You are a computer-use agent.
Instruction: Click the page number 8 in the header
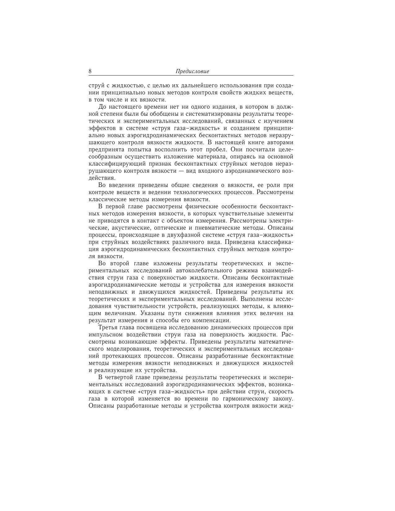coord(90,71)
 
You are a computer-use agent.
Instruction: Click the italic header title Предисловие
coord(192,71)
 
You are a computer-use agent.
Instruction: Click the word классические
coord(105,199)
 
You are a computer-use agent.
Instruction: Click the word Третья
coord(108,327)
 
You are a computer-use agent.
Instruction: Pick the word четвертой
coord(119,377)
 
